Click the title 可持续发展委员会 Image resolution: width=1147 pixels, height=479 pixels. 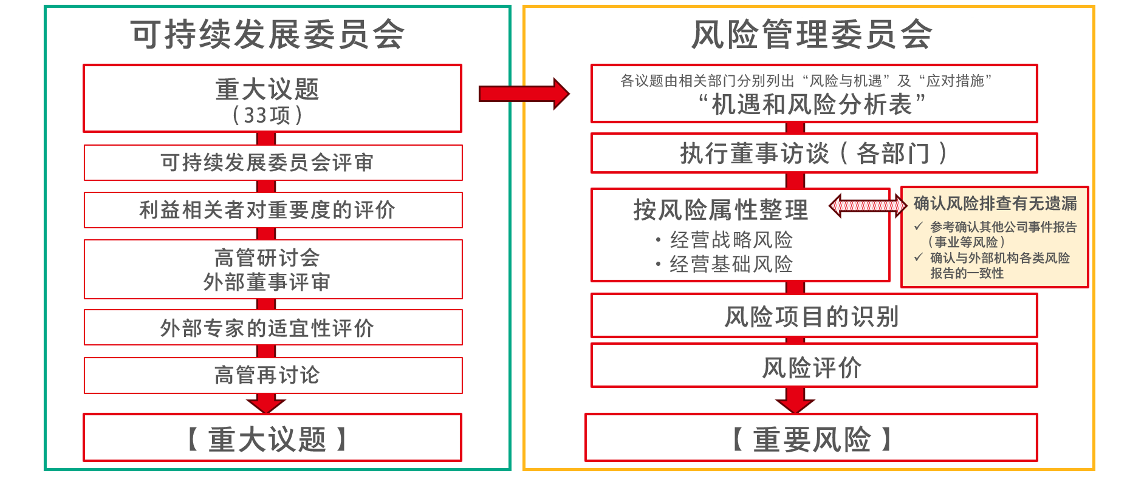[x=267, y=34]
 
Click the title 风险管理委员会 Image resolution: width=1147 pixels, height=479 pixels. [x=812, y=34]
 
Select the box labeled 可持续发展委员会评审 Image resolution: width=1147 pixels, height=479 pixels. [x=273, y=163]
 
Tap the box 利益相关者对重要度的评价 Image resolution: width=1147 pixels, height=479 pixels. [x=273, y=210]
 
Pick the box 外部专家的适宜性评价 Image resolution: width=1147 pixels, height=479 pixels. [x=273, y=328]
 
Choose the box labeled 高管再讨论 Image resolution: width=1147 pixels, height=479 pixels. [x=273, y=375]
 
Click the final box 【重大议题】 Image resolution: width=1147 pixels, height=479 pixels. [x=272, y=438]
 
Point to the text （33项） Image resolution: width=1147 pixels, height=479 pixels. [x=267, y=115]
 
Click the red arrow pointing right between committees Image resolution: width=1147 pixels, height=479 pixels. [x=524, y=93]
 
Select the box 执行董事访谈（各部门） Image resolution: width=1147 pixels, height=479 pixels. [x=814, y=153]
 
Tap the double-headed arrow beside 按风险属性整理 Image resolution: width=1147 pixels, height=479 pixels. [x=868, y=206]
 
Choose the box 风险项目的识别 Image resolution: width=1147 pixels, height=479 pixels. [x=814, y=316]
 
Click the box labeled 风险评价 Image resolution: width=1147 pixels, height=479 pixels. [x=814, y=366]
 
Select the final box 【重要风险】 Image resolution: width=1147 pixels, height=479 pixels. [x=811, y=438]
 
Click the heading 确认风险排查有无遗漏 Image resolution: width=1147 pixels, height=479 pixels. [x=995, y=203]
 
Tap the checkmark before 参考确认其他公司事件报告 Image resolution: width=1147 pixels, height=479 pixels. [x=919, y=226]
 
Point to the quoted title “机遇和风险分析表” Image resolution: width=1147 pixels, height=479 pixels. [x=812, y=105]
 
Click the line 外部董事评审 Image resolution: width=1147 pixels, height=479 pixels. [x=267, y=282]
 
